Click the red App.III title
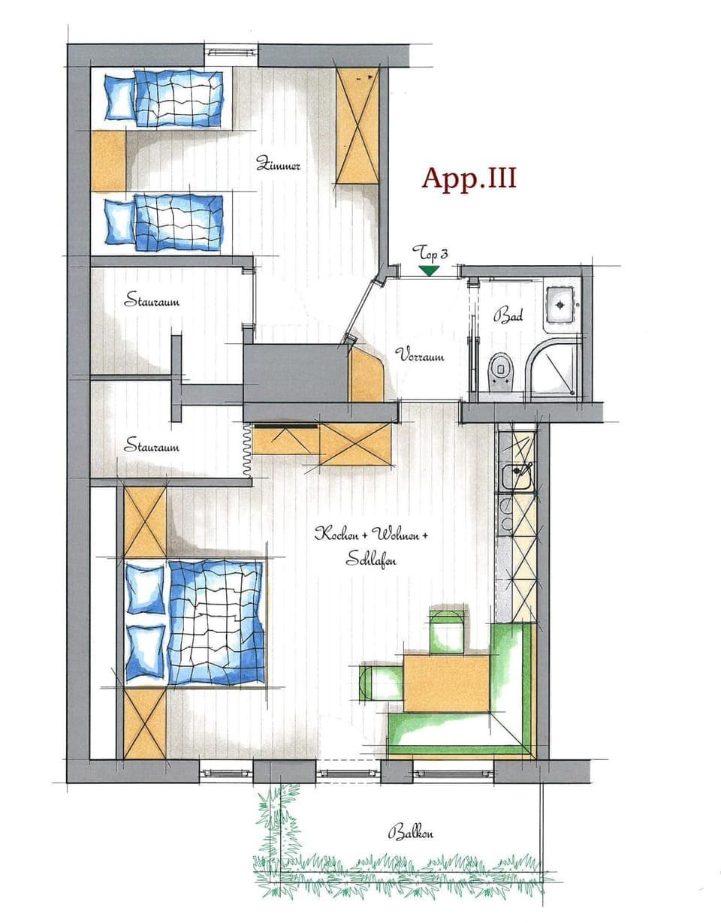pyautogui.click(x=469, y=179)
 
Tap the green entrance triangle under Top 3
pyautogui.click(x=429, y=270)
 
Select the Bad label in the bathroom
pyautogui.click(x=507, y=315)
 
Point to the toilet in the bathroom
pyautogui.click(x=499, y=370)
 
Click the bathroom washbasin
pyautogui.click(x=561, y=304)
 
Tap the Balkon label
pyautogui.click(x=411, y=832)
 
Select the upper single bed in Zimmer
pyautogui.click(x=164, y=98)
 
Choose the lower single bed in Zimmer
pyautogui.click(x=164, y=222)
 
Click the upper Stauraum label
pyautogui.click(x=152, y=302)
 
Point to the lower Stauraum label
pyautogui.click(x=152, y=447)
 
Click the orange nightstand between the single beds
pyautogui.click(x=108, y=161)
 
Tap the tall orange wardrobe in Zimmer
pyautogui.click(x=357, y=125)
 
